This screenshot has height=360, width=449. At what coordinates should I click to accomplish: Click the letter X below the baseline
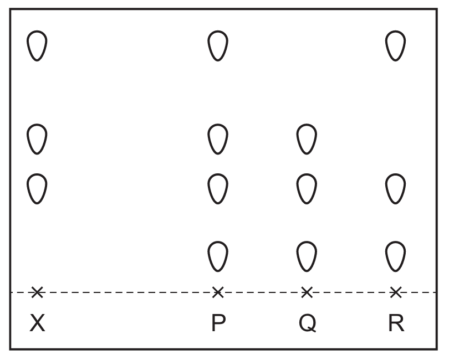pos(37,323)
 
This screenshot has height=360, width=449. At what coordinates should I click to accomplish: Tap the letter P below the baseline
pos(218,323)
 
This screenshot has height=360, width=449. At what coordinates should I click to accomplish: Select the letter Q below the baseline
pos(307,323)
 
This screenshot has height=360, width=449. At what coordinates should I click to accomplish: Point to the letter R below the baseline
pos(396,323)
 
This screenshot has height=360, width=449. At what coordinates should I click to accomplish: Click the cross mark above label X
pos(37,292)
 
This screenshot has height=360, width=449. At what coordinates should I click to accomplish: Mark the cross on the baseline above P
pos(218,292)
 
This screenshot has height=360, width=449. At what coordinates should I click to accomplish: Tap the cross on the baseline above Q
pos(307,292)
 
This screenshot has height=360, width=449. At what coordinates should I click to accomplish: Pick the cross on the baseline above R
pos(395,292)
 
